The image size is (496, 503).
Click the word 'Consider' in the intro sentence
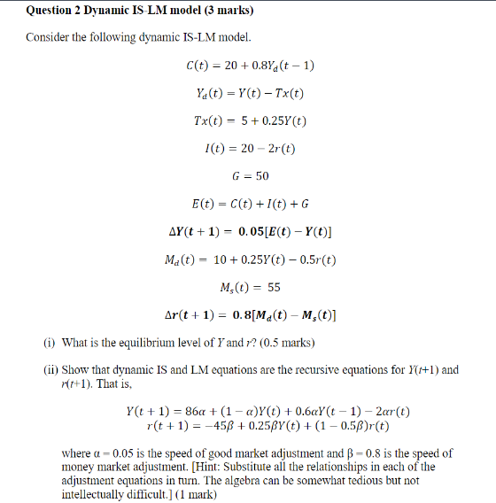click(x=47, y=38)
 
